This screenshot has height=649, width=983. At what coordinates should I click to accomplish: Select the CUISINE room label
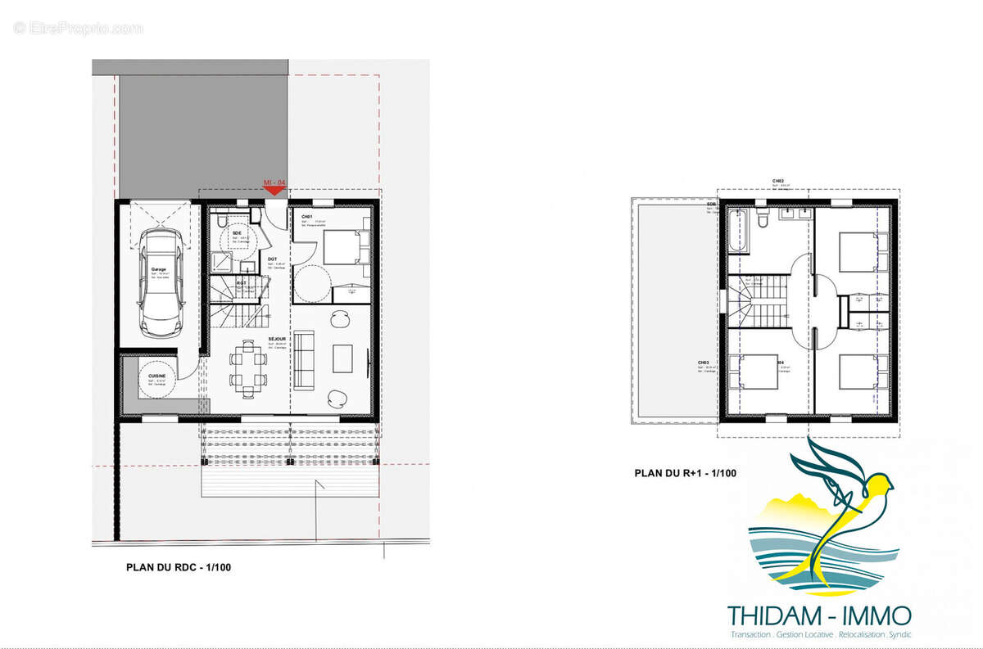pos(156,376)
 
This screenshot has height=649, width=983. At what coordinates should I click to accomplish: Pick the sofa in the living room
pos(304,358)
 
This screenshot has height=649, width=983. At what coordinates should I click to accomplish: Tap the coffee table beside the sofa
pos(343,357)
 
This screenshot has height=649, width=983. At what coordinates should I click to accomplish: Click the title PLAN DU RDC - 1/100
pos(179,566)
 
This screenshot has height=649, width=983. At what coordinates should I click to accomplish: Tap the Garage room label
pos(158,269)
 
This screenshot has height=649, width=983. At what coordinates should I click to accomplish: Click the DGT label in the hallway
pos(273,259)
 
